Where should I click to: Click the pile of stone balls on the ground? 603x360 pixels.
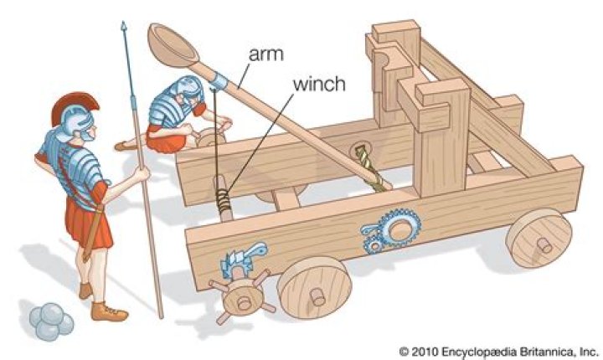tap(49, 321)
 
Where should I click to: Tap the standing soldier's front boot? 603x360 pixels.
tap(109, 311)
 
